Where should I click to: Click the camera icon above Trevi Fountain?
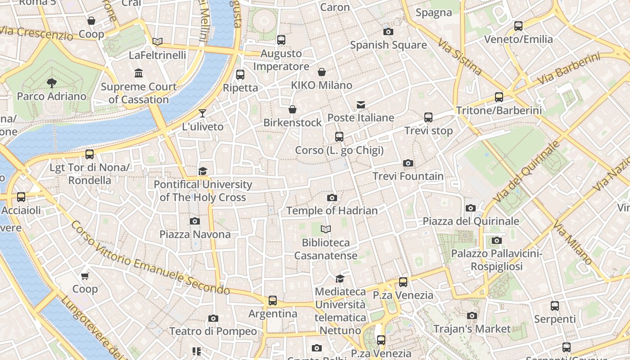tap(408, 163)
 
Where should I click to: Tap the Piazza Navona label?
tap(195, 234)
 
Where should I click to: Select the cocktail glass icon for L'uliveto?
tap(202, 113)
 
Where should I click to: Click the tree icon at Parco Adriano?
tap(52, 82)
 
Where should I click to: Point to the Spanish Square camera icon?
tap(388, 31)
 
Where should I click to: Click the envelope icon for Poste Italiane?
tap(360, 104)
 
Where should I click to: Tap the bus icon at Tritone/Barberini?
tap(499, 97)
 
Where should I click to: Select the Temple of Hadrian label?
tap(332, 211)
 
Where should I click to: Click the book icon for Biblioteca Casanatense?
tap(326, 229)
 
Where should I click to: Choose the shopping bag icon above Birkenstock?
tap(292, 109)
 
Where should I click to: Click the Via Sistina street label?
tap(459, 56)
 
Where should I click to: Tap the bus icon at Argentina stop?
tap(272, 300)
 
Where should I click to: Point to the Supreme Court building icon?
tap(139, 73)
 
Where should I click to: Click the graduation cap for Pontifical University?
tap(202, 171)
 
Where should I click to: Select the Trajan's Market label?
tap(472, 329)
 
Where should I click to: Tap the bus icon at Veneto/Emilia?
tap(518, 26)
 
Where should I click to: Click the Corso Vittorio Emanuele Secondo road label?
tap(151, 256)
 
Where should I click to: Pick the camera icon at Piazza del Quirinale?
tap(471, 208)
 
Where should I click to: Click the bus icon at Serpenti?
tap(555, 306)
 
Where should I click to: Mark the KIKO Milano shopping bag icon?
tap(322, 72)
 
